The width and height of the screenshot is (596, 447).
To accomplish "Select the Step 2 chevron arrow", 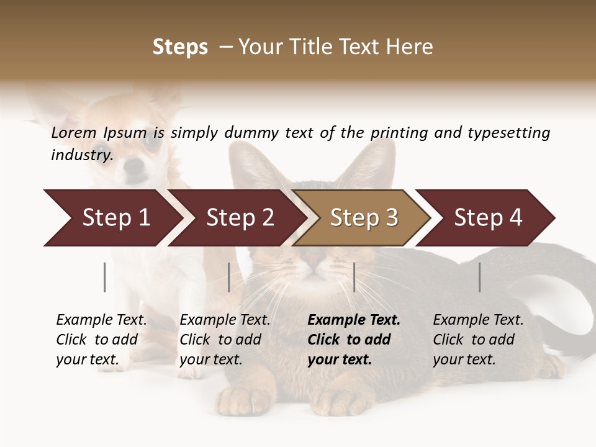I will (x=240, y=218).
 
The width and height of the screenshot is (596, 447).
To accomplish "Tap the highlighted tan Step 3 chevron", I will (x=364, y=218).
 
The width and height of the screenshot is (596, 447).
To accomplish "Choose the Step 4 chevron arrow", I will (x=488, y=218).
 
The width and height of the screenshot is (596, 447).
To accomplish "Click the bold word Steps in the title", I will (x=180, y=47).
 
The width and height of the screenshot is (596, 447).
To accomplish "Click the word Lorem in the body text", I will (x=74, y=132).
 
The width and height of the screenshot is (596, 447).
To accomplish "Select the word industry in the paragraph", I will (x=81, y=155).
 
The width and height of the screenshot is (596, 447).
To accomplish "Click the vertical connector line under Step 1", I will (x=105, y=277).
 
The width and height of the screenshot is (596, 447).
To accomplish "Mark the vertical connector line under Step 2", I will (x=229, y=277).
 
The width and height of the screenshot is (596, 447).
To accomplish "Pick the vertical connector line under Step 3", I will (x=354, y=277).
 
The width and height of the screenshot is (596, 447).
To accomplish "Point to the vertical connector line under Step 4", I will (x=479, y=277).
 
